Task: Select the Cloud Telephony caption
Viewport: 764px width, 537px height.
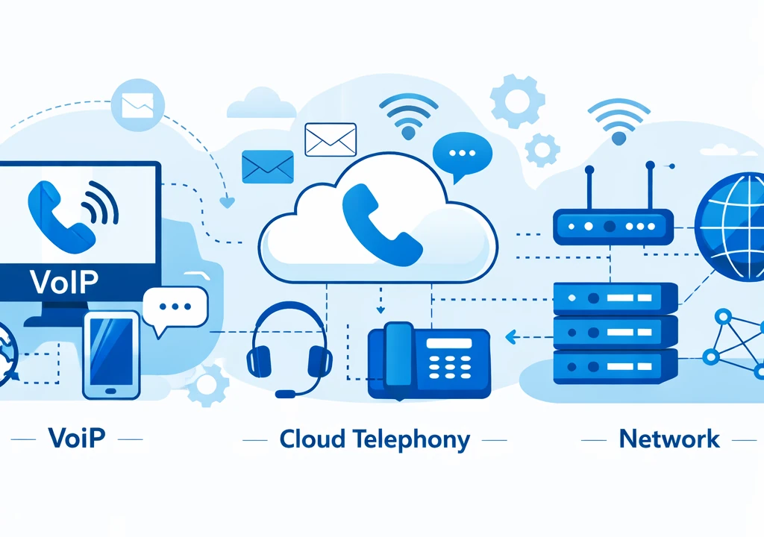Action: (375, 439)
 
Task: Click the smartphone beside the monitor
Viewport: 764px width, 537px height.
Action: (111, 355)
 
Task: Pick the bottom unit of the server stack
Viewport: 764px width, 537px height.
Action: (615, 367)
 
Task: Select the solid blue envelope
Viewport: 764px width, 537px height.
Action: (268, 166)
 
